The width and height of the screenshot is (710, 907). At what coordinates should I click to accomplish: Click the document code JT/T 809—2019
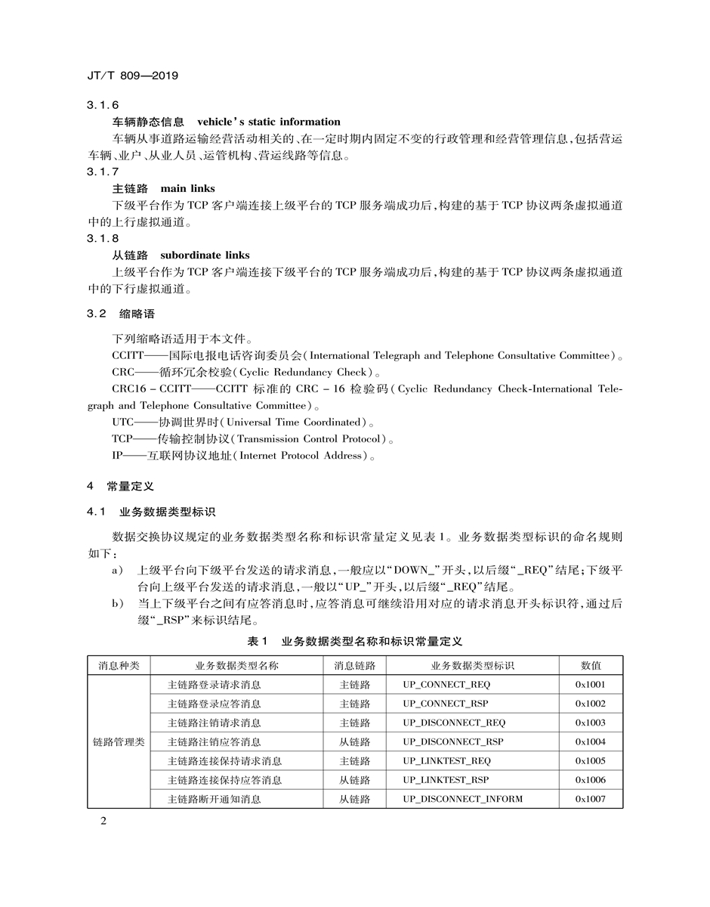[x=133, y=76]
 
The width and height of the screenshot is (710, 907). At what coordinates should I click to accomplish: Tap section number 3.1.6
[x=103, y=105]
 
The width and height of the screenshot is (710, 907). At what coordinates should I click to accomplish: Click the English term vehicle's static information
[x=269, y=122]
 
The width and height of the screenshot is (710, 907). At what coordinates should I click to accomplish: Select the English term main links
[x=187, y=188]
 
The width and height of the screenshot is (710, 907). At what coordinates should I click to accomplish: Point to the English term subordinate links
[x=205, y=255]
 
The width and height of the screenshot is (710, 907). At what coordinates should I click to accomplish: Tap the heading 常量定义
[x=130, y=486]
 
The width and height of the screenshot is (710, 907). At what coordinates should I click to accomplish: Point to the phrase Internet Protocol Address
[x=302, y=456]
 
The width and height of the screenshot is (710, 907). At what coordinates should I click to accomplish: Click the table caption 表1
[x=258, y=641]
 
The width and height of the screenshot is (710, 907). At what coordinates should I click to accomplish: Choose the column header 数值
[x=591, y=665]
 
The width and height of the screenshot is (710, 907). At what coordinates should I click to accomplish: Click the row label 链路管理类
[x=119, y=742]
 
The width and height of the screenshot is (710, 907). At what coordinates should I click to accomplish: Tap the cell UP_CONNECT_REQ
[x=446, y=685]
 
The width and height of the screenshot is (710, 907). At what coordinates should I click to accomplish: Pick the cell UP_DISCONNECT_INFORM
[x=462, y=799]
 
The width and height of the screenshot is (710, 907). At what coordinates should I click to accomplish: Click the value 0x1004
[x=591, y=742]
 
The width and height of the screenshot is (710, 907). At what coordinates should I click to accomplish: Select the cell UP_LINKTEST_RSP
[x=446, y=780]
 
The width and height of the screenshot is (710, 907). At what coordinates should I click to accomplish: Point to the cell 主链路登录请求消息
[x=215, y=685]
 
